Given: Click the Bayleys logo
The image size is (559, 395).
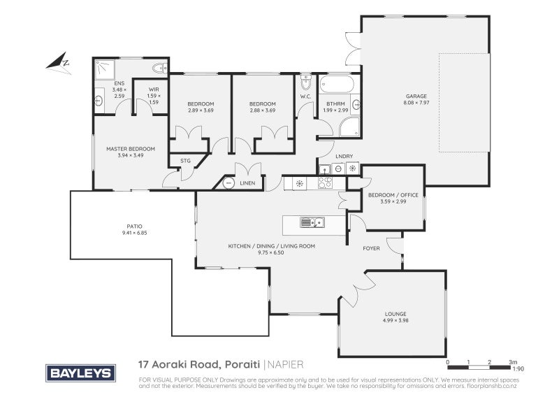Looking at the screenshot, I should click(80, 373).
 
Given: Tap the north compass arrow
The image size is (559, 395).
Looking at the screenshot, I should click(58, 62).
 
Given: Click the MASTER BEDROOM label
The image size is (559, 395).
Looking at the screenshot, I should click(131, 148).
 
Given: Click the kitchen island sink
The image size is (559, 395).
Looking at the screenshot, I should click(312, 223).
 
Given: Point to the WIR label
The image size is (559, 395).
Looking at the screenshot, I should click(154, 90).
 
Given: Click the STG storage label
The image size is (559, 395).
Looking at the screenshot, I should click(185, 161).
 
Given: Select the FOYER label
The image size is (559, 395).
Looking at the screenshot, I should click(371, 248).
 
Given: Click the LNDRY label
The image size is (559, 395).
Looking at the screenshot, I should click(343, 156).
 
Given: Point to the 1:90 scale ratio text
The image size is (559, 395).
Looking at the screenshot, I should click(518, 368).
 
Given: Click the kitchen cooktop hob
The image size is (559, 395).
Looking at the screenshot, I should click(325, 182).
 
